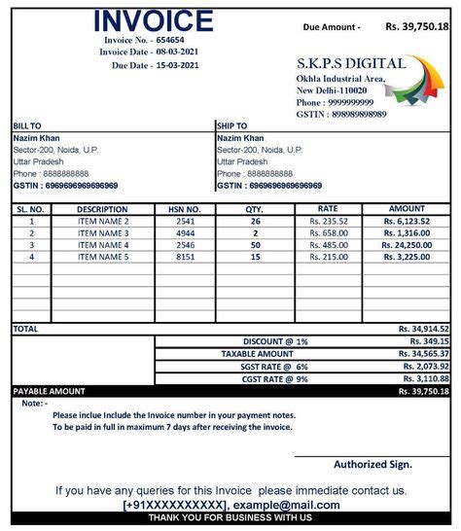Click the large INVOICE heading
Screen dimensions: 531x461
153,21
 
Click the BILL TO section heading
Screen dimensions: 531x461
26,125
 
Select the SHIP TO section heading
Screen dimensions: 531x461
231,125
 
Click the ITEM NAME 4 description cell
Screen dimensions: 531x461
103,245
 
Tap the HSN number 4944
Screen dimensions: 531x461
185,233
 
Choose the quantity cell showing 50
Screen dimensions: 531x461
255,245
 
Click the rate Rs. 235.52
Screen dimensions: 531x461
329,222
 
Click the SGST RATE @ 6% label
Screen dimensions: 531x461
275,366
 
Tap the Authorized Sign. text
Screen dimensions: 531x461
372,464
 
